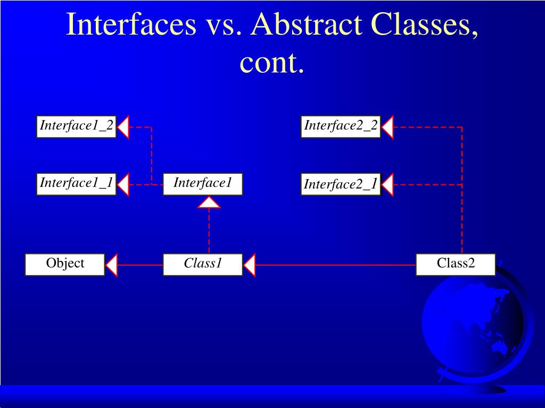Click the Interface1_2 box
[x=76, y=126]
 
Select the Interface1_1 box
[x=76, y=184]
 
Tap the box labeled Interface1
[x=203, y=184]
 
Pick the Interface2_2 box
[x=341, y=126]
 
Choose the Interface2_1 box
[x=341, y=184]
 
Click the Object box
[x=65, y=265]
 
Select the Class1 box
[x=203, y=265]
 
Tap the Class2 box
[x=456, y=265]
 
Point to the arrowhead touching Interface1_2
[x=123, y=127]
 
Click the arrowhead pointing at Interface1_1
[x=123, y=184]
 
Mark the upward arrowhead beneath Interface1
[x=209, y=202]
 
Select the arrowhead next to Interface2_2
[x=388, y=127]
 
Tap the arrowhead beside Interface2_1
[x=388, y=185]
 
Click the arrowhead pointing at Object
[x=112, y=265]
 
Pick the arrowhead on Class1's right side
[x=250, y=265]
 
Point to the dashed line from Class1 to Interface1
[x=209, y=231]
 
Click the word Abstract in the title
[x=310, y=24]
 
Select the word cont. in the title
[x=272, y=63]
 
